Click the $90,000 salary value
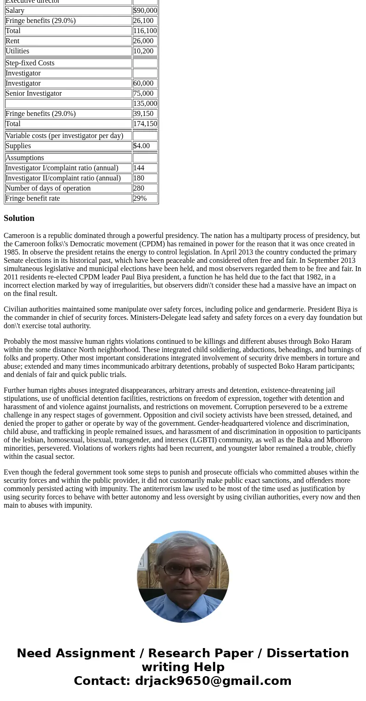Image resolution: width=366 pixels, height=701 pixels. coord(145,11)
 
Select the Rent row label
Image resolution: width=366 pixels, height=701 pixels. coord(12,41)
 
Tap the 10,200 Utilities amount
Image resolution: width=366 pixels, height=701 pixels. coord(143,51)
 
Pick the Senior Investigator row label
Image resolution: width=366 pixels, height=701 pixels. coord(34,93)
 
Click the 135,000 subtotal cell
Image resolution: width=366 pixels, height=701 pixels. coord(145,104)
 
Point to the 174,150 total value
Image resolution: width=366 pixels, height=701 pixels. coord(145,124)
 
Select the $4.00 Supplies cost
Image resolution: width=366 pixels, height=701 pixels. coord(141,146)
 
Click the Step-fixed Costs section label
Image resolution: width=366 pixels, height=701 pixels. coord(30,63)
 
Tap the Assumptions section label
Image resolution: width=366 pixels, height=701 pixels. coord(25,158)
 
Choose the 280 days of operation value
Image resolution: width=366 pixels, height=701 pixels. coord(138,188)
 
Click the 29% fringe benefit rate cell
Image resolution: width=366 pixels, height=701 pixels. coord(140,198)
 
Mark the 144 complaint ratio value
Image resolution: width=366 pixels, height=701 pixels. coord(138,168)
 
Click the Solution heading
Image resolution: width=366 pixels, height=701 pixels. coord(19,218)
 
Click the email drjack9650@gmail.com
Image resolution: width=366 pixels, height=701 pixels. coord(213,681)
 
